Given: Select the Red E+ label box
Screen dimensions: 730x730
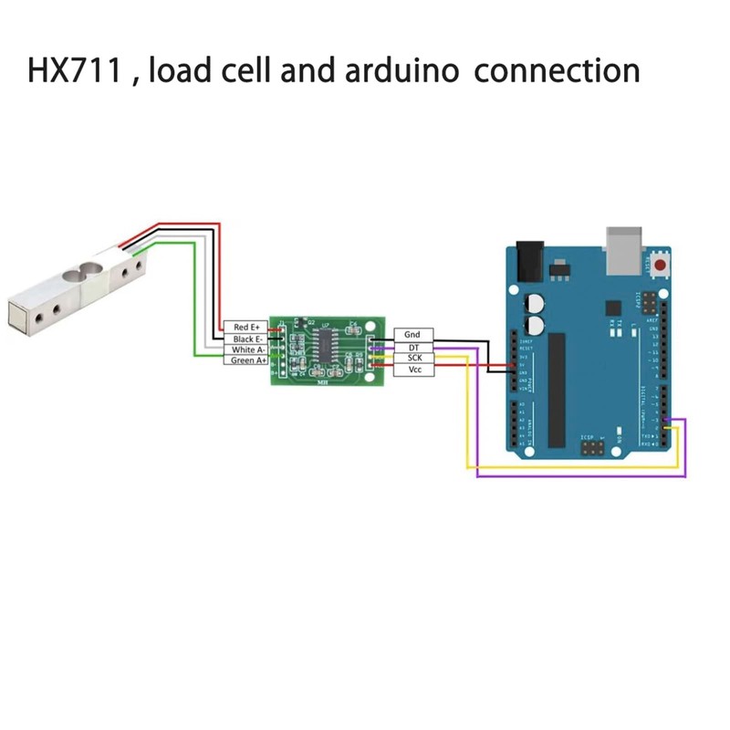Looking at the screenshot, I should click(x=246, y=327).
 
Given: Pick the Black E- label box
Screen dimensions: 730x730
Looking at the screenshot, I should click(x=246, y=339).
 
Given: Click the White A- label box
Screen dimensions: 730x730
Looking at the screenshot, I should click(x=246, y=349).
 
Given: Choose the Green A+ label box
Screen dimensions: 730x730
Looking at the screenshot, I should click(x=246, y=360).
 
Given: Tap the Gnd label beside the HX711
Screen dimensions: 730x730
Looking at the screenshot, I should click(x=413, y=336).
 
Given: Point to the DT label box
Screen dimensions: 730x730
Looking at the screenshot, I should click(x=413, y=348).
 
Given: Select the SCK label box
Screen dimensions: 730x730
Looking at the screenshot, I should click(x=413, y=359).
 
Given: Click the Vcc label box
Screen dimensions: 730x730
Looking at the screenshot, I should click(x=413, y=370).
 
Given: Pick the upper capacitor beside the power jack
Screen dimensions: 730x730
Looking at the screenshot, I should click(x=535, y=302).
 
